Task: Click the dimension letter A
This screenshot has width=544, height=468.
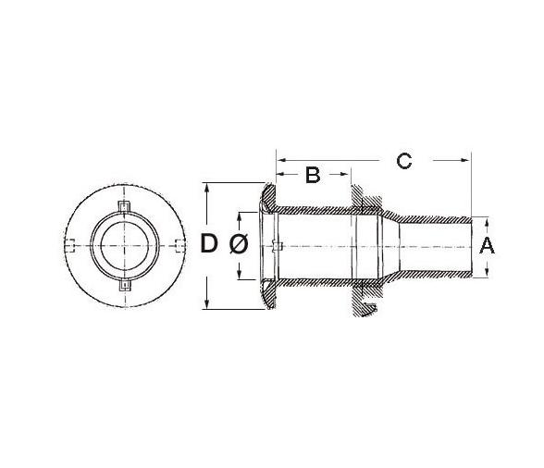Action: point(488,246)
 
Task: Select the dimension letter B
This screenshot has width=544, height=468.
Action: point(312,173)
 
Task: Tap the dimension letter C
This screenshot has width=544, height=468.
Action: point(403,161)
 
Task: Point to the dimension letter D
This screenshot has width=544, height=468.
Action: point(210,245)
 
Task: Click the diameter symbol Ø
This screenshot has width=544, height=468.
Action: point(237,245)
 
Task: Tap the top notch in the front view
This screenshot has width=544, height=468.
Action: point(125,203)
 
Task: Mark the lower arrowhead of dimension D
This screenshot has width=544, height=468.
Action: point(210,305)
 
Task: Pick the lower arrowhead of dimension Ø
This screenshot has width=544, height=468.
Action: point(241,274)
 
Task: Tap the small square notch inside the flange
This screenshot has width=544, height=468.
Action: point(278,245)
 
